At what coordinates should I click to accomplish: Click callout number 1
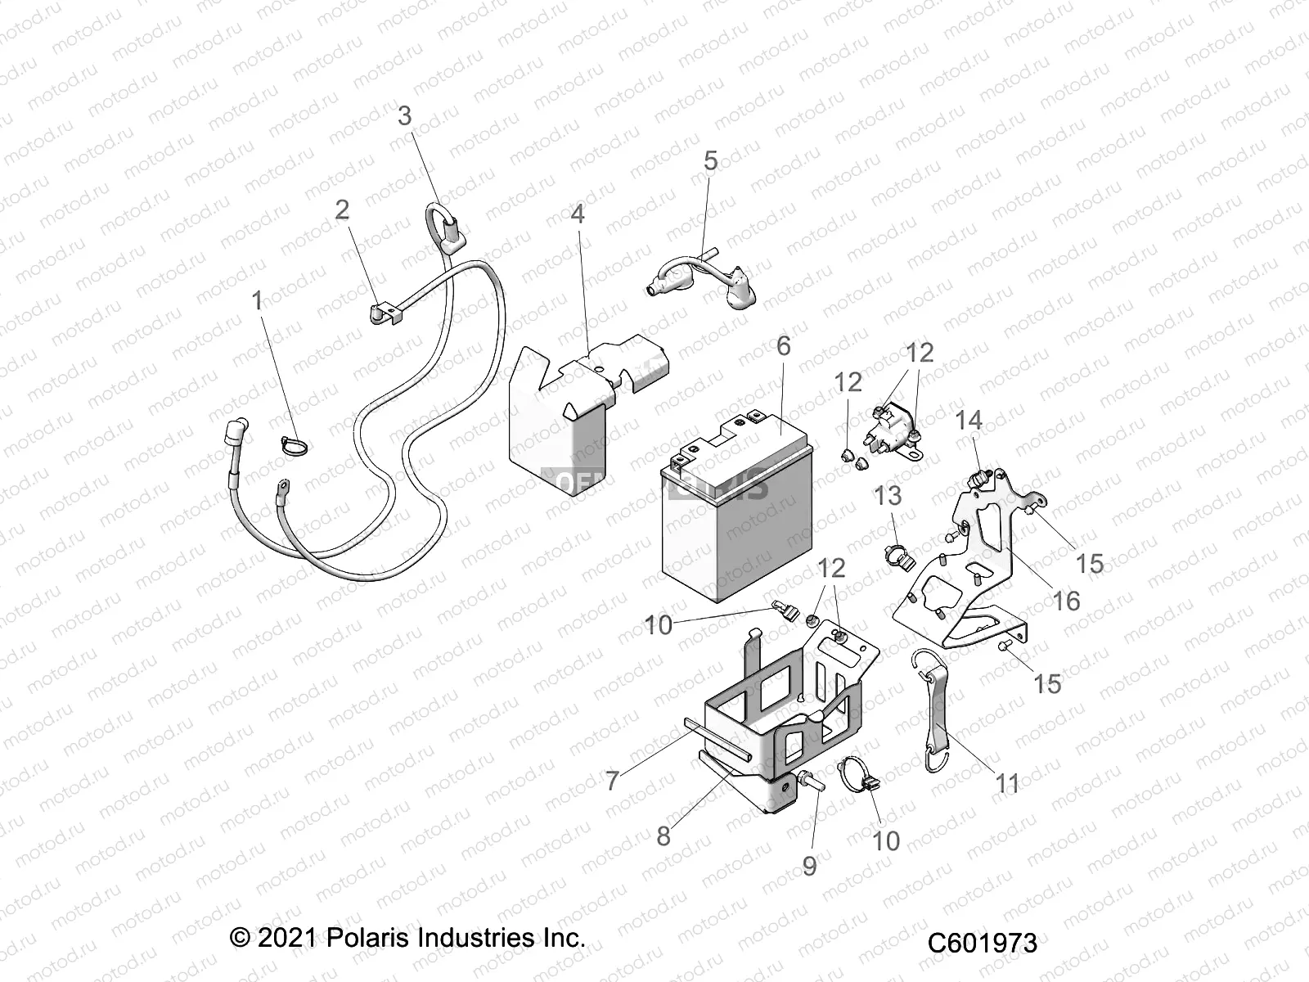point(258,301)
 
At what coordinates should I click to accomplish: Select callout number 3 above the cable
point(405,116)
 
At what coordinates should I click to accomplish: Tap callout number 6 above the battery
point(784,346)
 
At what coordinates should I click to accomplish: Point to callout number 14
point(969,421)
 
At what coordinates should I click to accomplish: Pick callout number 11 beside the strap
point(1007,783)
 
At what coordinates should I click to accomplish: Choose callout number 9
point(809,866)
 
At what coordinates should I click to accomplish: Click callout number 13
point(888,496)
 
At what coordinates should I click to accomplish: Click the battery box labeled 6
point(736,516)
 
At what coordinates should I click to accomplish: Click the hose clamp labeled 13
point(898,556)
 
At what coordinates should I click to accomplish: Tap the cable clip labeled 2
point(384,315)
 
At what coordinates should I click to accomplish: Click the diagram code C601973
point(982,943)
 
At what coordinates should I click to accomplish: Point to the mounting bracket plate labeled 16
point(974,573)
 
